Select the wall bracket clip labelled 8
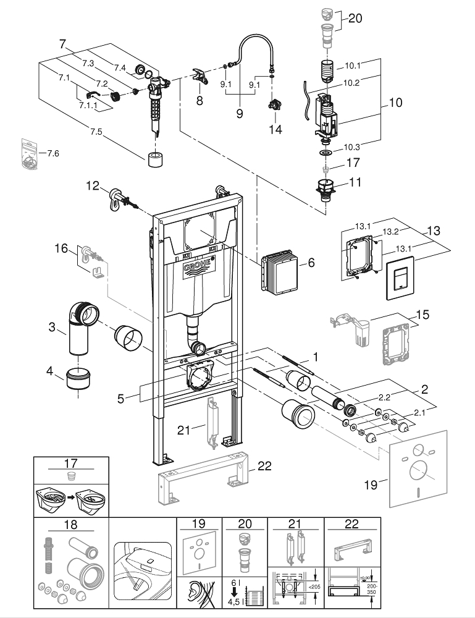[x=201, y=78]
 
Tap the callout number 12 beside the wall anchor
[x=92, y=185]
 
